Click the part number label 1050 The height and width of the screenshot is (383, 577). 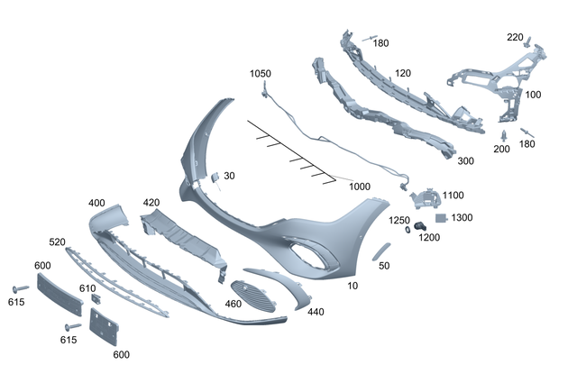pyautogui.click(x=260, y=73)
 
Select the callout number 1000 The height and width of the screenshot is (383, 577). pyautogui.click(x=360, y=187)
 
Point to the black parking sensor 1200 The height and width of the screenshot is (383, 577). pyautogui.click(x=421, y=223)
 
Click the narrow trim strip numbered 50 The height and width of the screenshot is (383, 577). pyautogui.click(x=380, y=250)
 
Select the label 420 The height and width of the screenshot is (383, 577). pyautogui.click(x=151, y=203)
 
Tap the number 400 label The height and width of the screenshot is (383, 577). pyautogui.click(x=97, y=203)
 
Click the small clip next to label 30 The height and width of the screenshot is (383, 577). pyautogui.click(x=215, y=178)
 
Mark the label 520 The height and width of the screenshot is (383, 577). pyautogui.click(x=57, y=242)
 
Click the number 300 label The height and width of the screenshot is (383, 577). pyautogui.click(x=465, y=161)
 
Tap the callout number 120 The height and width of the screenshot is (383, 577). pyautogui.click(x=402, y=73)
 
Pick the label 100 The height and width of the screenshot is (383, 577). pyautogui.click(x=533, y=94)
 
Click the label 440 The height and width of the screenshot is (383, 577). pyautogui.click(x=315, y=312)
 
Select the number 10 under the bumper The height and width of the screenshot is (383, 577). pyautogui.click(x=352, y=285)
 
